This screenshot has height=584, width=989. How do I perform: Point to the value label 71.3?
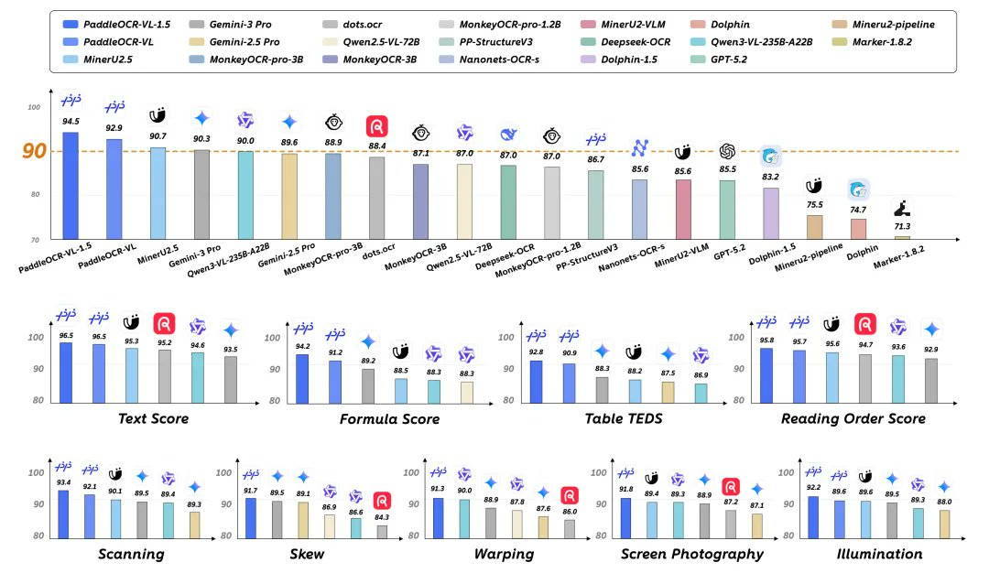(903, 225)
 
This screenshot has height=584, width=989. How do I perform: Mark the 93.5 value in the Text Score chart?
(231, 348)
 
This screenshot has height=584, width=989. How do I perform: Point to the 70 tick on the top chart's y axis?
(35, 239)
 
